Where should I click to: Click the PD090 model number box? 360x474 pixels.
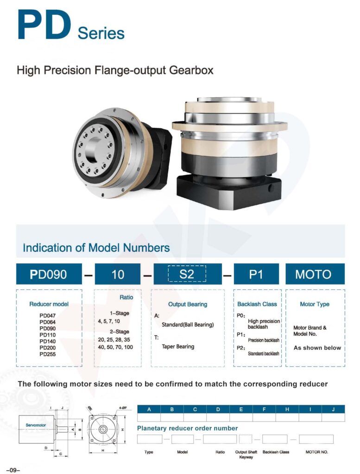49,274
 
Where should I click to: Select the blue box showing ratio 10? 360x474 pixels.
118,274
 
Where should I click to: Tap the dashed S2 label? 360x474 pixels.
186,274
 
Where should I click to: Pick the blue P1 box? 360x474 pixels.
256,274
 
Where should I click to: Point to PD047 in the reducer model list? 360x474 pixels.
48,315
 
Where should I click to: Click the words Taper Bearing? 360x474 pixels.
178,346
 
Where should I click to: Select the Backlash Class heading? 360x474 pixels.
257,304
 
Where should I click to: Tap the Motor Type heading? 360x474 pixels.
315,304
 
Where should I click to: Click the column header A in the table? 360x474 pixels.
149,409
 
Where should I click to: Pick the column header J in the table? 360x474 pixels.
334,409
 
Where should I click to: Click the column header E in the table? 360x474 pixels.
241,409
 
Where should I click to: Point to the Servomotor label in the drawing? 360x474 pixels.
35,424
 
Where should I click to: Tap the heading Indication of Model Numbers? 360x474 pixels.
96,248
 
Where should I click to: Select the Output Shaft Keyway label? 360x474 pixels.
246,455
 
